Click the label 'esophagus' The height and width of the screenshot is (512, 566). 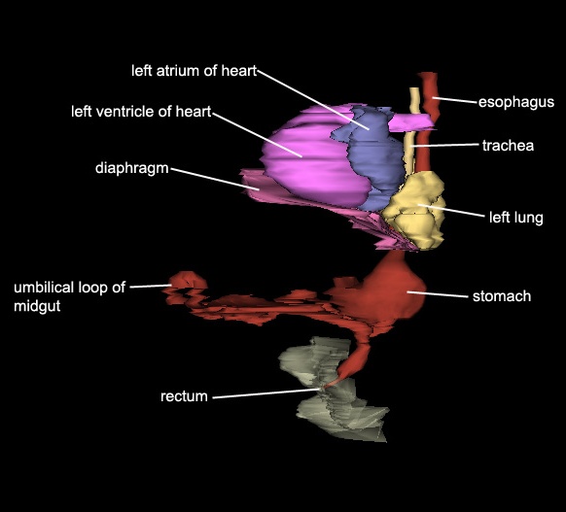click(516, 102)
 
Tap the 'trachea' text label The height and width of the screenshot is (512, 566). click(508, 146)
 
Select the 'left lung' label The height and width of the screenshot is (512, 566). click(515, 218)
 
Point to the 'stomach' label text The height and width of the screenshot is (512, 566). click(502, 296)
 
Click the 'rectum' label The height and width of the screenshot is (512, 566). click(184, 396)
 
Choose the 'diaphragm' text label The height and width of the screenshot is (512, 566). click(131, 168)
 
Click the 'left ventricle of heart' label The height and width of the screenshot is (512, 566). click(141, 112)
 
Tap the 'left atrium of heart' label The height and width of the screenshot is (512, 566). click(194, 71)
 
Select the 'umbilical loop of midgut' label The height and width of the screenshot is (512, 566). click(69, 296)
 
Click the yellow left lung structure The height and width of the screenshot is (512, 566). click(415, 211)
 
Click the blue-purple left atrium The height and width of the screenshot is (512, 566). click(375, 158)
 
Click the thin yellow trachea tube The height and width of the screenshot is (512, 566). click(412, 130)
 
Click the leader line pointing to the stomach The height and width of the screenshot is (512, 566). click(438, 294)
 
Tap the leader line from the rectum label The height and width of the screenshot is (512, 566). click(266, 393)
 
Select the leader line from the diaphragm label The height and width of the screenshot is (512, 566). click(215, 179)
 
